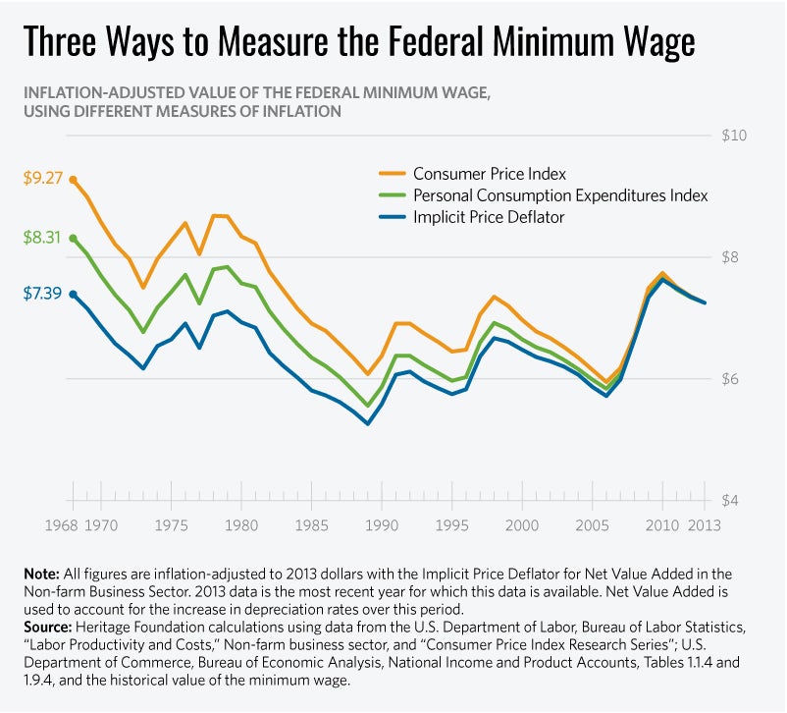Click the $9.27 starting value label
click(x=43, y=179)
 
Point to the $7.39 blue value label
click(x=43, y=293)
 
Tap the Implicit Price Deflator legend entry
click(x=489, y=217)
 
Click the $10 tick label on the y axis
click(x=736, y=135)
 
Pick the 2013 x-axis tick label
click(x=703, y=525)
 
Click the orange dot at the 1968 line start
click(x=74, y=180)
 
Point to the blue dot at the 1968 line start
click(x=74, y=294)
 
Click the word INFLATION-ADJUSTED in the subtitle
click(x=95, y=92)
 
